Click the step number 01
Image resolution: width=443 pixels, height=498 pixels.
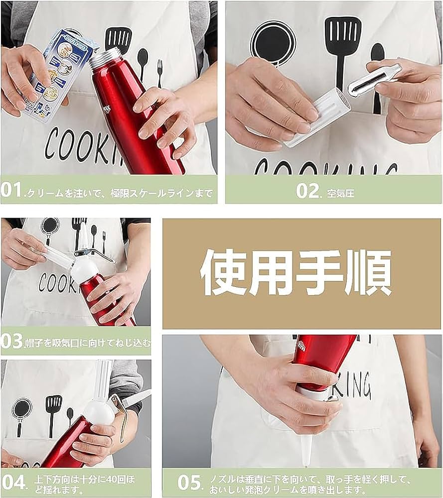(x=12, y=190)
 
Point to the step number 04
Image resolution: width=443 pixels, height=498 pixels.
(x=13, y=483)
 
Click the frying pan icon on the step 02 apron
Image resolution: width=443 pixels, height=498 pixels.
(x=273, y=43)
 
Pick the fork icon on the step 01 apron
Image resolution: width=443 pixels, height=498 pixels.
(x=159, y=72)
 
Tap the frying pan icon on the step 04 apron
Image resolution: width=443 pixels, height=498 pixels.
(x=21, y=411)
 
